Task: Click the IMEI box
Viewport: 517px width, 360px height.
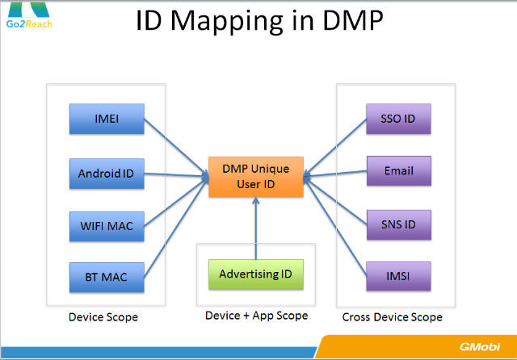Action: coord(106,120)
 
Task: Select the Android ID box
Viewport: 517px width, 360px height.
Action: coord(106,173)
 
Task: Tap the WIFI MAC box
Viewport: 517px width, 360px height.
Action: coord(106,225)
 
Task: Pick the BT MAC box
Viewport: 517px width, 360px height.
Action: coord(106,278)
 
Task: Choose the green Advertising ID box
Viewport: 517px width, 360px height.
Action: coord(256,274)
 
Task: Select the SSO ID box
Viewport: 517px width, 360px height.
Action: coord(397,119)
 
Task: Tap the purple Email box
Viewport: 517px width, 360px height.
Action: coord(397,171)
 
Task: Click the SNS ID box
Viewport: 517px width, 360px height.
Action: coord(397,224)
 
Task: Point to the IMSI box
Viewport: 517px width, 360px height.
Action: coord(397,277)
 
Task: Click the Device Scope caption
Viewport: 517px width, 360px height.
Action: coord(104,317)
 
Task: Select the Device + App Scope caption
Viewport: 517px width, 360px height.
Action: coord(256,316)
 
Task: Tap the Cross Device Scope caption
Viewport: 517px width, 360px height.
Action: coord(392,317)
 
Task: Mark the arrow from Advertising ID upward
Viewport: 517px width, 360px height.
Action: coord(255,230)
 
